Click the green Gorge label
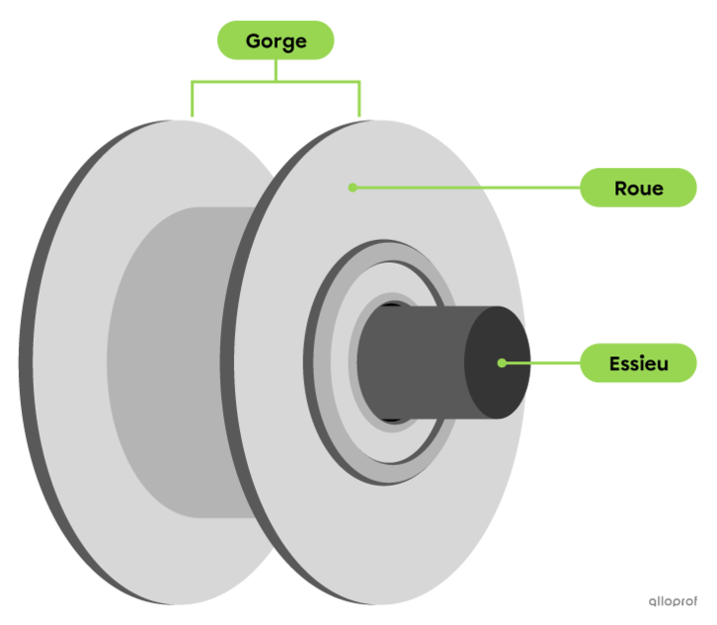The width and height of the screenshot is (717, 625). (x=276, y=40)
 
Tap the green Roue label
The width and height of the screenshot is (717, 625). (x=638, y=188)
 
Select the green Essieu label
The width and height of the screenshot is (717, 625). (x=638, y=363)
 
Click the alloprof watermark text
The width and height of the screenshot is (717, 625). (x=672, y=601)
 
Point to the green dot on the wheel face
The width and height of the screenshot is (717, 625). (x=353, y=187)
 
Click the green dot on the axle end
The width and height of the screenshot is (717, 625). (x=502, y=363)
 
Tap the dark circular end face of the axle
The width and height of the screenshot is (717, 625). (x=498, y=362)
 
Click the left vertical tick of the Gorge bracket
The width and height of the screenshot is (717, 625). (x=192, y=100)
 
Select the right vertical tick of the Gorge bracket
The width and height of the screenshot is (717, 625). (x=359, y=100)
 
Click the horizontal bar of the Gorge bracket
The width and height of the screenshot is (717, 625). (x=276, y=83)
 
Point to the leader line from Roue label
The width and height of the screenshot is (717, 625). (x=466, y=187)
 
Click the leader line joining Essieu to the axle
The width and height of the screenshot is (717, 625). (x=541, y=363)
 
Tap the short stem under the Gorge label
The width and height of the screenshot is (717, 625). (x=276, y=71)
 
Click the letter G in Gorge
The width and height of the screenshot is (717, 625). (x=254, y=41)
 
